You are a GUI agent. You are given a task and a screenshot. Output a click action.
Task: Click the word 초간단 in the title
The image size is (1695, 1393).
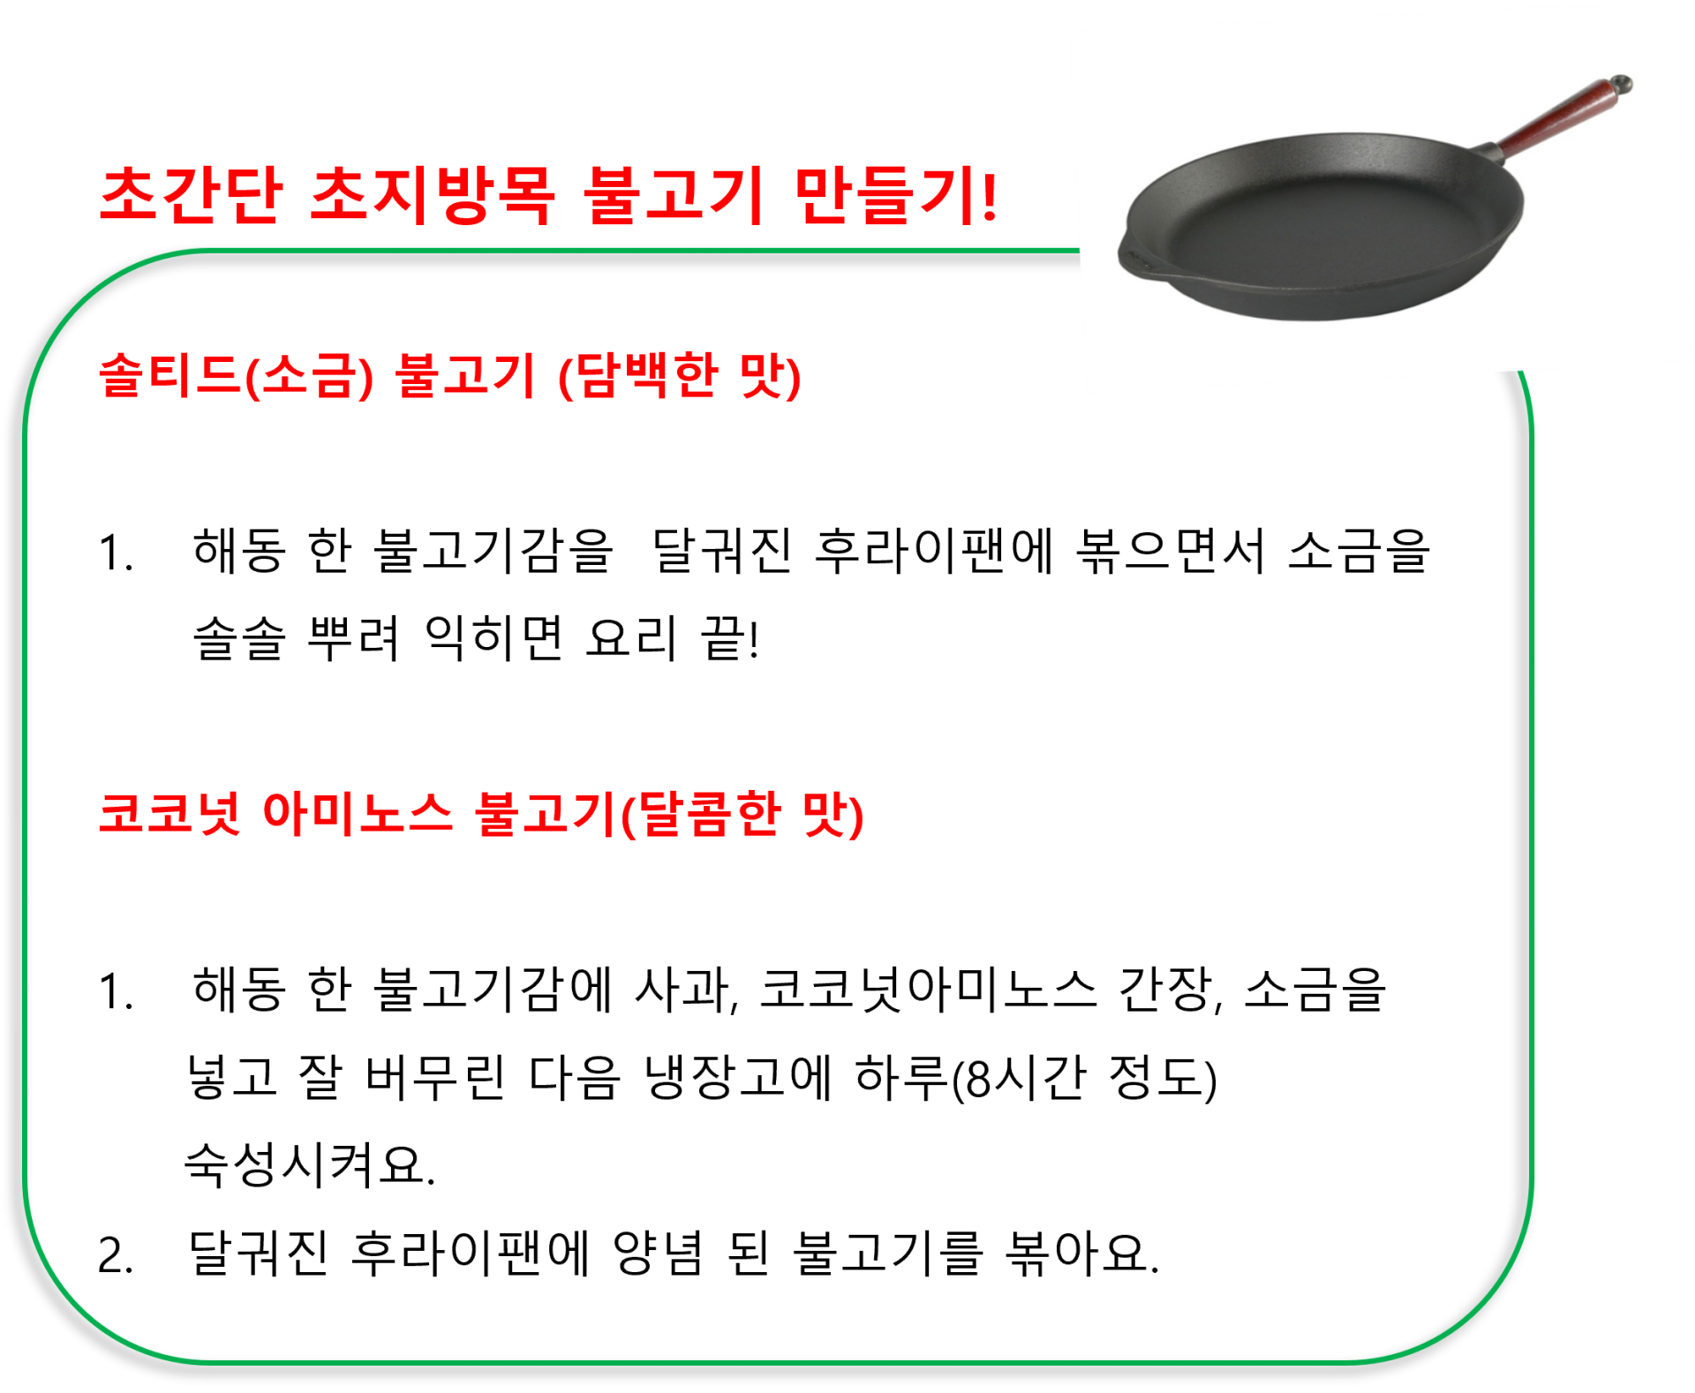click(191, 195)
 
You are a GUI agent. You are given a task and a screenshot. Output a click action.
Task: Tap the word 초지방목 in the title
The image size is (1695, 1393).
click(432, 195)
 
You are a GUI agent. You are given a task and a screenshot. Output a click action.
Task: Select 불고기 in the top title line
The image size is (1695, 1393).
click(673, 195)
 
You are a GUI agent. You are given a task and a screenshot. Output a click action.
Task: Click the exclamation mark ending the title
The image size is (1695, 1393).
click(989, 197)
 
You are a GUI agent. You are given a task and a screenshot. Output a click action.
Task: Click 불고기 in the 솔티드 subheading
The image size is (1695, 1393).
click(465, 376)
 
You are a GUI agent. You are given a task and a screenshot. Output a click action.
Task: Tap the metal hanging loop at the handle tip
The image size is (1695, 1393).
click(1621, 86)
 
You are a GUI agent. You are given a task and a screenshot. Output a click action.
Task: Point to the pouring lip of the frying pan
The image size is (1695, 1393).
click(1134, 257)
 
